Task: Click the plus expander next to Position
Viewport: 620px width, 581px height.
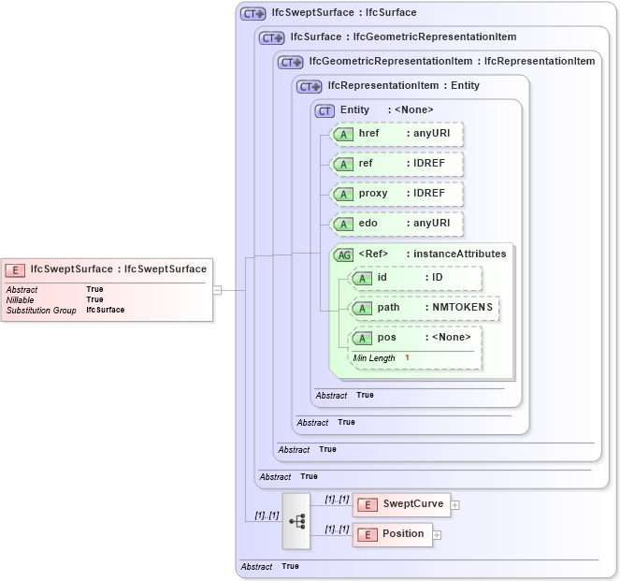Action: tap(437, 535)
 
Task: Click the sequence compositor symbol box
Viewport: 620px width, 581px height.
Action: tap(296, 519)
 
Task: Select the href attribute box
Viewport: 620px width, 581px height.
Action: tap(397, 135)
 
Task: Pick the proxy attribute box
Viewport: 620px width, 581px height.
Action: tap(397, 194)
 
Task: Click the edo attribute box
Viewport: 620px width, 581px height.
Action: tap(397, 224)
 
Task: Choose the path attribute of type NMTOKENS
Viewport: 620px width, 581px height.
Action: tap(424, 307)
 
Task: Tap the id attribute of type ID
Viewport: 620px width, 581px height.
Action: tap(415, 278)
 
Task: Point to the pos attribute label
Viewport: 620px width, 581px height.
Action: tap(386, 338)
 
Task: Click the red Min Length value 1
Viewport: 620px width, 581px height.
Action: tap(407, 358)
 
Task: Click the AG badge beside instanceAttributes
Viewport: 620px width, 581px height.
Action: tap(343, 254)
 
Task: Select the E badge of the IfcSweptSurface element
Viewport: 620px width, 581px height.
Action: tap(16, 269)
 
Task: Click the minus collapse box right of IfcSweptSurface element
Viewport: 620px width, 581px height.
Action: tap(217, 290)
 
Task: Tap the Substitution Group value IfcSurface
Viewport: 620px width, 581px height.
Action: tap(105, 310)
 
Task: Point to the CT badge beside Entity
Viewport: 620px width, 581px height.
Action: tap(324, 110)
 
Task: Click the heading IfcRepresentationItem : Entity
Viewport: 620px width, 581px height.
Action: tap(403, 86)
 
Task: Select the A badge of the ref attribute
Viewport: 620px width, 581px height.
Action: tap(343, 165)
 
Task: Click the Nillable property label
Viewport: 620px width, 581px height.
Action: tap(20, 299)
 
